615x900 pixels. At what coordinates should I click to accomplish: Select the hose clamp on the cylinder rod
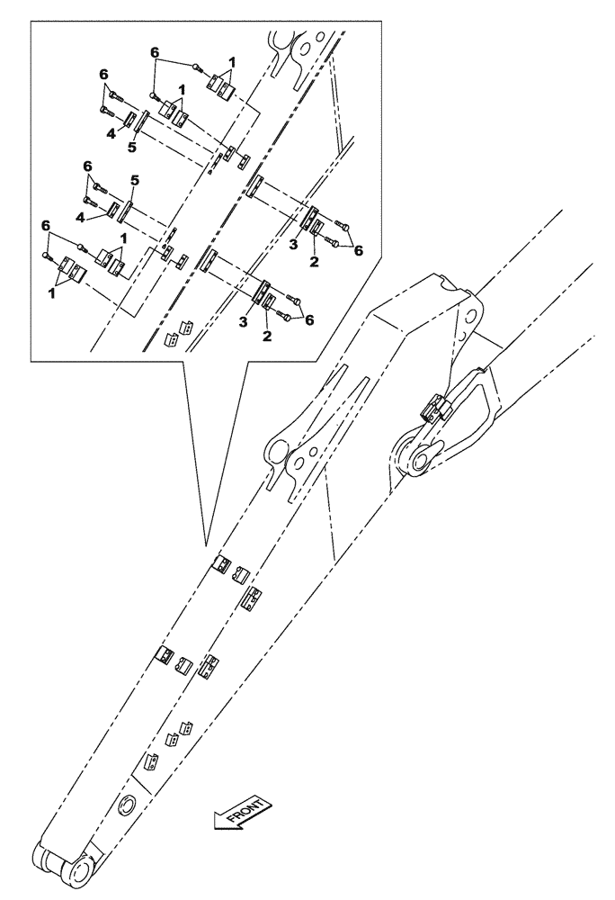point(432,409)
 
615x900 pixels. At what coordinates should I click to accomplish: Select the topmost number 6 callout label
point(155,54)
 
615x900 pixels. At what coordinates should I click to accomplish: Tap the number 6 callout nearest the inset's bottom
point(309,319)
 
